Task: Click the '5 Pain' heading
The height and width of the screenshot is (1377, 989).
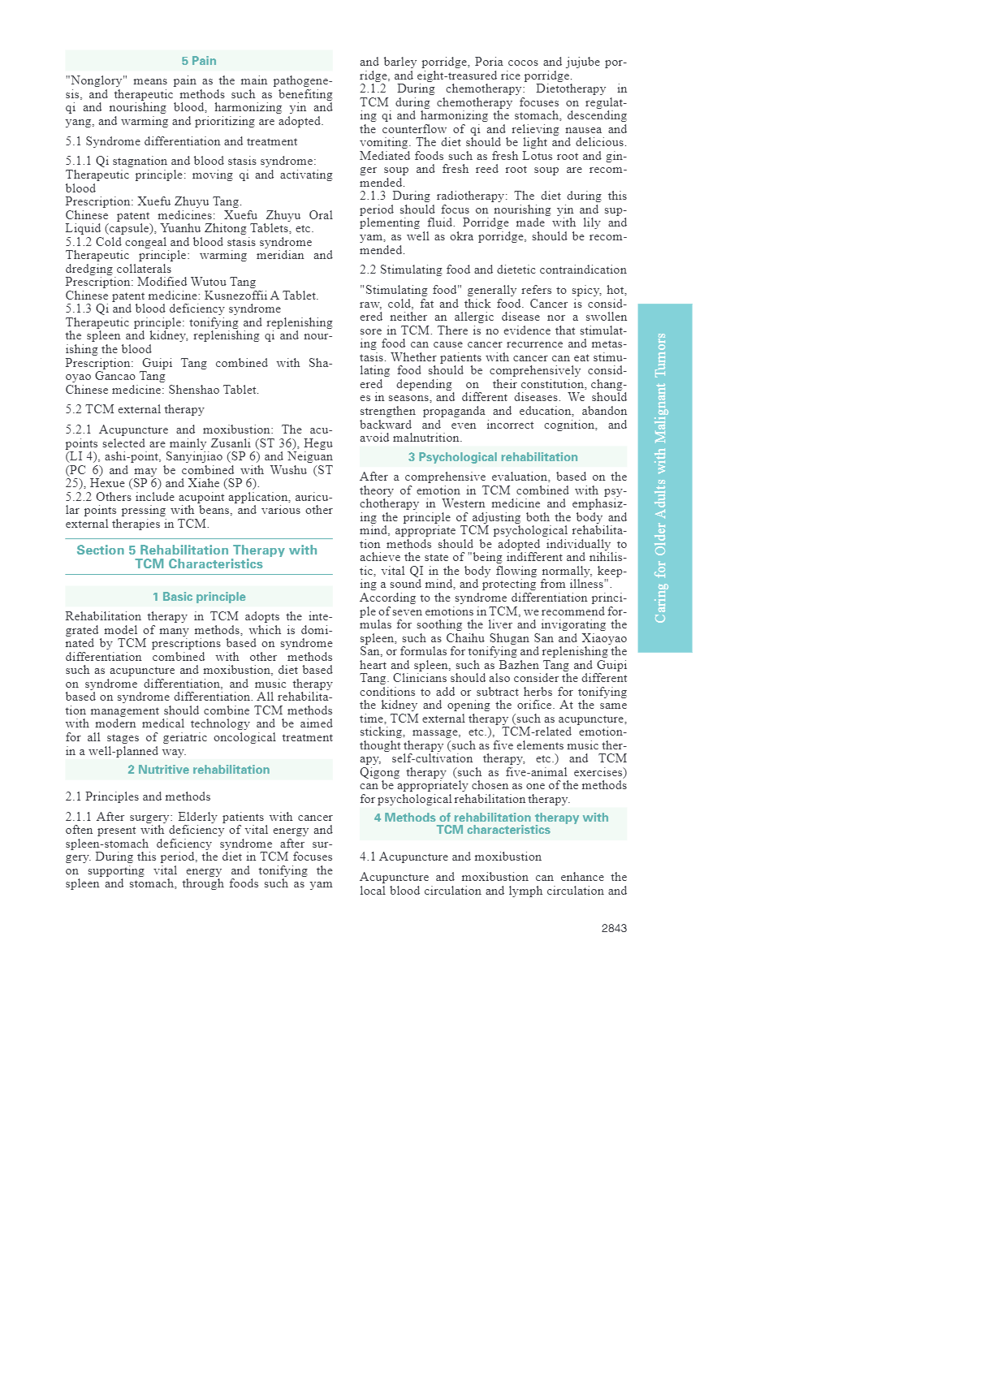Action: (x=199, y=61)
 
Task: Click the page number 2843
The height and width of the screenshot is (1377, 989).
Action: (x=614, y=928)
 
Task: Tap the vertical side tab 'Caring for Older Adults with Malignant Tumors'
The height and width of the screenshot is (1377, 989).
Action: (x=664, y=477)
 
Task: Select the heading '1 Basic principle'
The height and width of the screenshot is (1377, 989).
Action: (x=199, y=597)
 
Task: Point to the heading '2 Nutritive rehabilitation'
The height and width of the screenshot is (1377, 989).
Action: (x=199, y=770)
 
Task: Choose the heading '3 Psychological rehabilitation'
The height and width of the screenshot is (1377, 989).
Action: (x=493, y=457)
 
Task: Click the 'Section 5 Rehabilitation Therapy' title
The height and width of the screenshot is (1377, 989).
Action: (x=197, y=556)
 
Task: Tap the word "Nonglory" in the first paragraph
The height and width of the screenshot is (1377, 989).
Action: (x=97, y=81)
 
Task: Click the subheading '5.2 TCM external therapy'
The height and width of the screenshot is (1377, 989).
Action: (x=135, y=409)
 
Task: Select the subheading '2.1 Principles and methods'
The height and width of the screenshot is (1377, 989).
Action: (x=138, y=796)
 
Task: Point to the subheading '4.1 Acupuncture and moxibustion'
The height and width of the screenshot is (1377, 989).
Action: (x=451, y=857)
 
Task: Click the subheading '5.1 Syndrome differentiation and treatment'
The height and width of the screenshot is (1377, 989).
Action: (x=181, y=141)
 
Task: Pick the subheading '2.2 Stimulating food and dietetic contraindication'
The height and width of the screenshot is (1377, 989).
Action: (x=493, y=270)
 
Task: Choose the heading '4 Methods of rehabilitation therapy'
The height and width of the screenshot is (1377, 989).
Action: (x=491, y=823)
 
